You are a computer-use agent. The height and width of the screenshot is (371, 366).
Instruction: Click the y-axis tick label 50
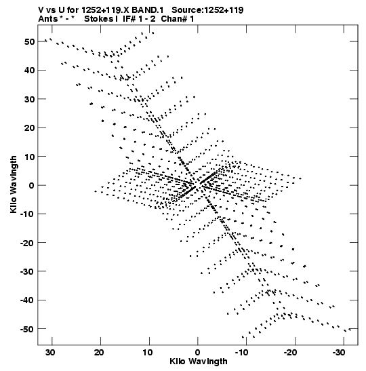[x=29, y=41]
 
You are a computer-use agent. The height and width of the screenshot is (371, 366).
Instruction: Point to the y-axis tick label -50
[x=27, y=329]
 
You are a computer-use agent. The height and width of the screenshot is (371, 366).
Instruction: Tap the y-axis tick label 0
[x=32, y=185]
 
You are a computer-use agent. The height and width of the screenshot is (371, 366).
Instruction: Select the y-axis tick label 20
[x=29, y=128]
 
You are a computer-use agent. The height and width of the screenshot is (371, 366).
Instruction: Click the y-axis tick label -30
[x=27, y=271]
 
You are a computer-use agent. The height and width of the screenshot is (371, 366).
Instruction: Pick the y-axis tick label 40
[x=29, y=71]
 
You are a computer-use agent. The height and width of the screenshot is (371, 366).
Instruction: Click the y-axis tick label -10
[x=27, y=214]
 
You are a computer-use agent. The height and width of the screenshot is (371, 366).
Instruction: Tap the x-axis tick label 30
[x=50, y=353]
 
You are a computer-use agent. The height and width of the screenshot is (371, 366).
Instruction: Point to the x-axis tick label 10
[x=147, y=353]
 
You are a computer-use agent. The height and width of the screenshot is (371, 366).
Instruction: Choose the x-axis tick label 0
[x=197, y=353]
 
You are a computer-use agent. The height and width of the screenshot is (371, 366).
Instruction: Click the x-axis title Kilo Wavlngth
[x=199, y=362]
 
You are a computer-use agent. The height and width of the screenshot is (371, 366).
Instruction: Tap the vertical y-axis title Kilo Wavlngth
[x=14, y=184]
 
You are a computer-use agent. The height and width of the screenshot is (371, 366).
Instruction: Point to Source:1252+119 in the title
[x=207, y=10]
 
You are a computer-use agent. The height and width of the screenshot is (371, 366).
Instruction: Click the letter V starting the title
[x=41, y=10]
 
